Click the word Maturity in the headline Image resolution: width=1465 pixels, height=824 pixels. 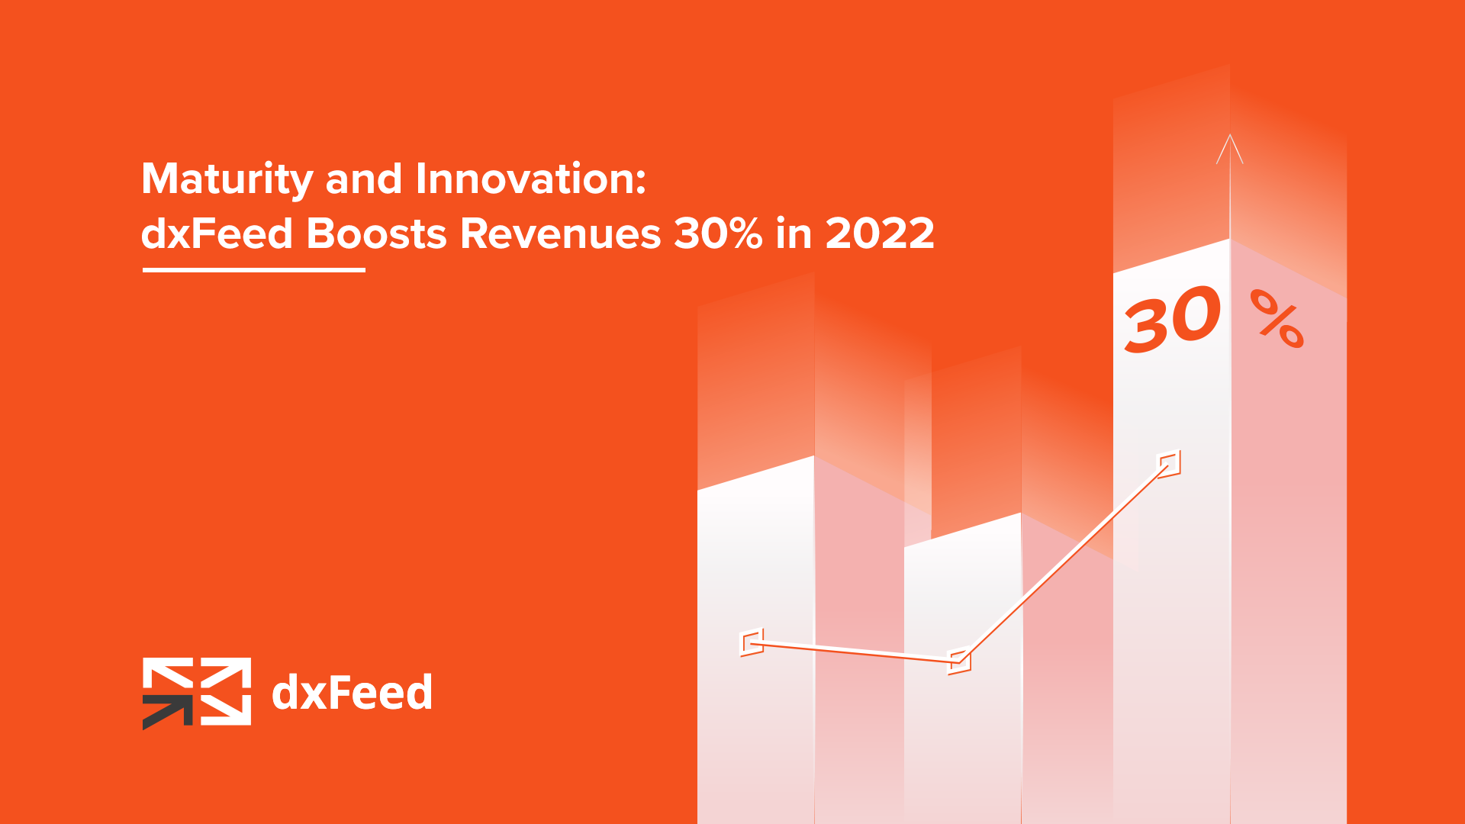coord(227,180)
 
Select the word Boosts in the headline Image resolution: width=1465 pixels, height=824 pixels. coord(376,233)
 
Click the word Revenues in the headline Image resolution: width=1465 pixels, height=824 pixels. coord(560,233)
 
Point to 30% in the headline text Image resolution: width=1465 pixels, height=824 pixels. coord(718,233)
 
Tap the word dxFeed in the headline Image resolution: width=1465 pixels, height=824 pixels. coord(217,233)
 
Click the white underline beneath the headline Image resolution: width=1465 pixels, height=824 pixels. coord(254,269)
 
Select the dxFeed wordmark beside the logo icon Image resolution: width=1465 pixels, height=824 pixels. coord(352,693)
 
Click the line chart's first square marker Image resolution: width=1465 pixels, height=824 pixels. coord(752,642)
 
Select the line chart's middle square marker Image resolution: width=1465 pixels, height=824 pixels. coord(959,661)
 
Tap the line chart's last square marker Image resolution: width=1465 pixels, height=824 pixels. coord(1169,464)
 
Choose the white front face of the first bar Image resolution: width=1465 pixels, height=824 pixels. coord(756,641)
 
